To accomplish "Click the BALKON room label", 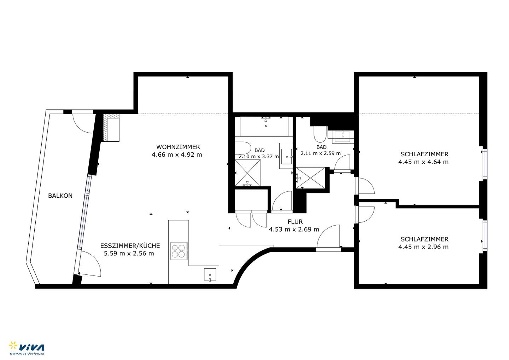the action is pyautogui.click(x=60, y=196).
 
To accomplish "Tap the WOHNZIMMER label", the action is pyautogui.click(x=178, y=147).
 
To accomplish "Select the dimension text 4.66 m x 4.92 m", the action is pyautogui.click(x=177, y=155).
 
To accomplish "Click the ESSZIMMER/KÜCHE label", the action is pyautogui.click(x=130, y=246).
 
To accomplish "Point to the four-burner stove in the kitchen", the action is pyautogui.click(x=179, y=251).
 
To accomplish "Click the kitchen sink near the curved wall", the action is pyautogui.click(x=210, y=274).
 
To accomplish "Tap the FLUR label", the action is pyautogui.click(x=295, y=222).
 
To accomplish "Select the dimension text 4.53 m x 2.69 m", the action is pyautogui.click(x=294, y=229).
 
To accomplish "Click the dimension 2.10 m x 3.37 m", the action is pyautogui.click(x=259, y=156).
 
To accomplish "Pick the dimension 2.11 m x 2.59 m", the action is pyautogui.click(x=321, y=153).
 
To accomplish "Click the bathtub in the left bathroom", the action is pyautogui.click(x=264, y=127).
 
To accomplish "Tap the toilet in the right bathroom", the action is pyautogui.click(x=320, y=134).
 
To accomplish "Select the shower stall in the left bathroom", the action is pyautogui.click(x=248, y=173).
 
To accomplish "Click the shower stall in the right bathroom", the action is pyautogui.click(x=311, y=178).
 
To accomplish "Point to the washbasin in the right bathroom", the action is pyautogui.click(x=343, y=137).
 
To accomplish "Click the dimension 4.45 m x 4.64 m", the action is pyautogui.click(x=423, y=162).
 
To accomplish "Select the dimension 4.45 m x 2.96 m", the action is pyautogui.click(x=423, y=247).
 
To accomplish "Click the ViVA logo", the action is pyautogui.click(x=27, y=348).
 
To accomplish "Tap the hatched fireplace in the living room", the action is pyautogui.click(x=111, y=128).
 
